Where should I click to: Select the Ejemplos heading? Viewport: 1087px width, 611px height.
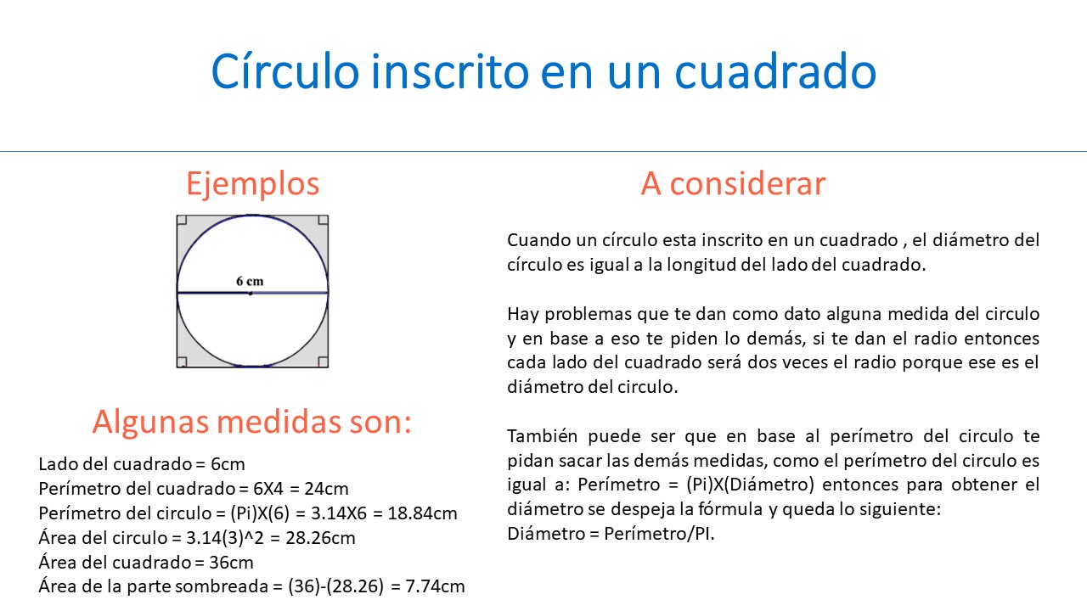[x=252, y=184]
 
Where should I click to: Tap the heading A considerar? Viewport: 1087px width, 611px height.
[x=733, y=184]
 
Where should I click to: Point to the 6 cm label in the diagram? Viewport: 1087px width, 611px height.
[x=250, y=281]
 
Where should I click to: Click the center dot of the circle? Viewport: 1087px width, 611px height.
[x=250, y=294]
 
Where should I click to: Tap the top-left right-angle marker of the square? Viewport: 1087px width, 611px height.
[x=182, y=221]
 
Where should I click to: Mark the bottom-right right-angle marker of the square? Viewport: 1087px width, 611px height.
[x=323, y=362]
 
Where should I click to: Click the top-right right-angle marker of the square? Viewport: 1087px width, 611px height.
[x=323, y=221]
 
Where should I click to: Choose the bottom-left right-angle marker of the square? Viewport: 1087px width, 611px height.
[x=182, y=362]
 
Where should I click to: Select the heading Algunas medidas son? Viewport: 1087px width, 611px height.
[x=251, y=422]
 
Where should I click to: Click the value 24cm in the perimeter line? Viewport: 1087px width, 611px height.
[x=327, y=489]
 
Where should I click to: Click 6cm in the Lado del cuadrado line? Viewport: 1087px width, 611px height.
[x=228, y=464]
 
